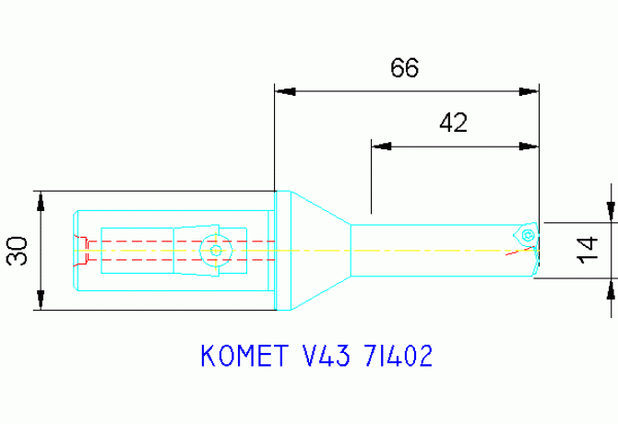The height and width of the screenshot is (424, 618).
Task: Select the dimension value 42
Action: pos(453,123)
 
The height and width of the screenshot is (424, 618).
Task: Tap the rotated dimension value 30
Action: pos(18,251)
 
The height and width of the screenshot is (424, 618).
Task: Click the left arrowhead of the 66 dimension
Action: pos(285,91)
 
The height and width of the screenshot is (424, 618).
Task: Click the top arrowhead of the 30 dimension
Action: pos(40,200)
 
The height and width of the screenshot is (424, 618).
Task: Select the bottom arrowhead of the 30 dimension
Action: pos(40,300)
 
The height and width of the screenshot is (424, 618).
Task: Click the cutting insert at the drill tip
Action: pos(526,235)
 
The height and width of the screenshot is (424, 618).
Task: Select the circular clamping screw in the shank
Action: pos(216,250)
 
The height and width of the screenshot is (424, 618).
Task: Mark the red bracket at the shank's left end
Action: pos(82,244)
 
